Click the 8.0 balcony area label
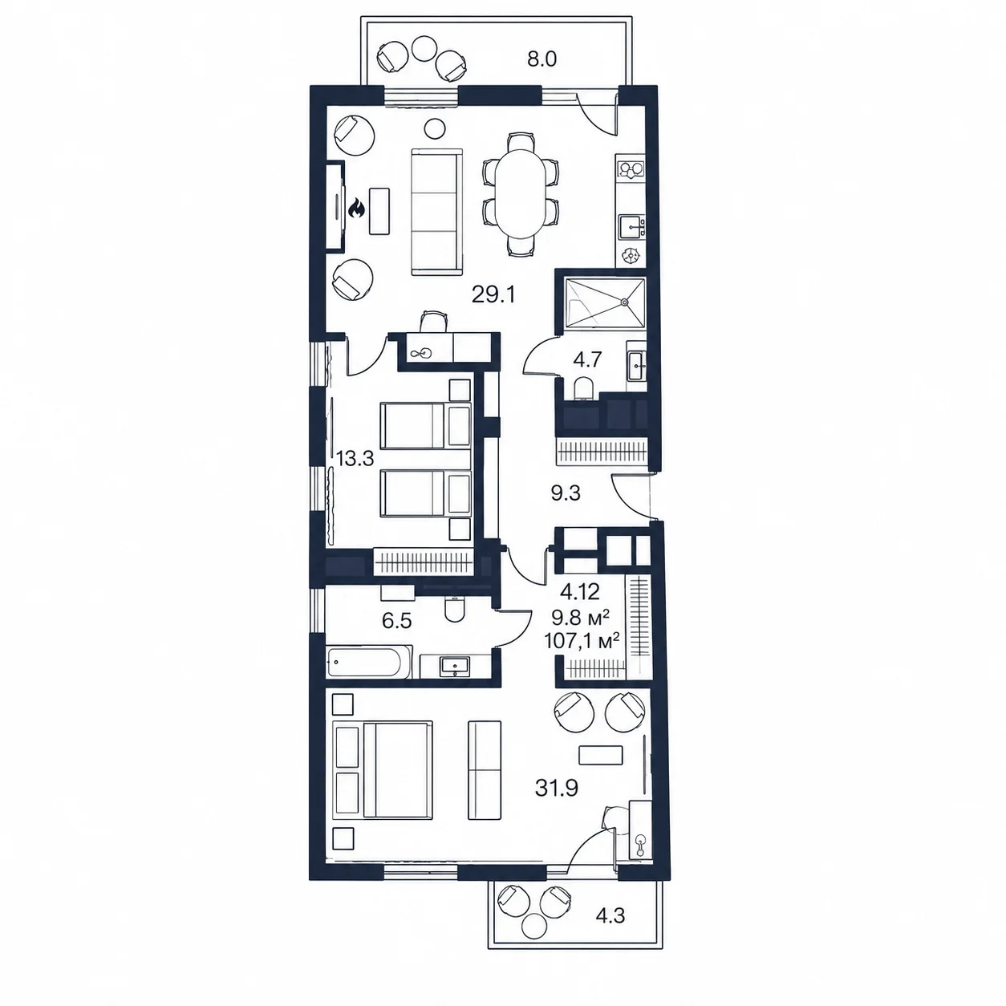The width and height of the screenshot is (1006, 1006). (x=542, y=59)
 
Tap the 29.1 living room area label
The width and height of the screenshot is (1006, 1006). (x=493, y=295)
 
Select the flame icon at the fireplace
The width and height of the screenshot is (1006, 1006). (x=356, y=209)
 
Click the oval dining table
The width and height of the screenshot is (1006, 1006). (x=520, y=193)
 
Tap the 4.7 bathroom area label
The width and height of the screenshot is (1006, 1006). (x=587, y=359)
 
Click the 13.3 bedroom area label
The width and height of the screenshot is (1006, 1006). (x=355, y=459)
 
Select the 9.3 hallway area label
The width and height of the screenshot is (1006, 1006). (x=566, y=493)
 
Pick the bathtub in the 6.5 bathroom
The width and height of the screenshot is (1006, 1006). (x=368, y=662)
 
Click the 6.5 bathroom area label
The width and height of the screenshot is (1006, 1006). (x=397, y=621)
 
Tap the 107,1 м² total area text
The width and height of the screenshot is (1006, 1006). (x=582, y=640)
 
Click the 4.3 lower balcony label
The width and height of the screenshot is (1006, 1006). (x=610, y=930)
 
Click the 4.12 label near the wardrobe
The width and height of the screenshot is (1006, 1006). (x=579, y=591)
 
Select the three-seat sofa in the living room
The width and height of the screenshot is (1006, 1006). (x=437, y=212)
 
